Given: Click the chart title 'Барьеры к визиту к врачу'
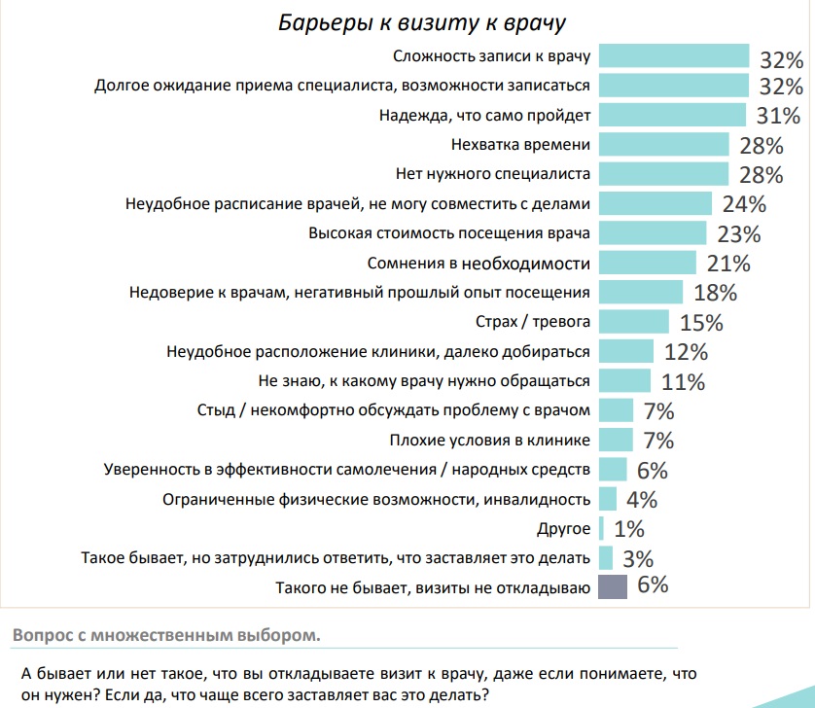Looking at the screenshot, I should point(423,22).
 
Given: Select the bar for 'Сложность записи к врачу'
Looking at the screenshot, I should point(673,56).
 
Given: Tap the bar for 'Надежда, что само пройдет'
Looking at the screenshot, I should point(672,116).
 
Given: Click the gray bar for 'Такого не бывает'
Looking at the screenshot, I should point(613,585).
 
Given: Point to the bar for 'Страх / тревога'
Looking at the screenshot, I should point(633,321).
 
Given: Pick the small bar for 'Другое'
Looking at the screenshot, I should point(601,529).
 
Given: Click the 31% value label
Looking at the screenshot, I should point(778,117).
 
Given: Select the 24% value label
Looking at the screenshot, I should point(745,204).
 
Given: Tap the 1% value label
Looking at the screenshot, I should point(629,530).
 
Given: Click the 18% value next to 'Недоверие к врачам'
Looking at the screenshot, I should point(715,293).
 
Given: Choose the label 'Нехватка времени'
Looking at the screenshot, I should point(521,145).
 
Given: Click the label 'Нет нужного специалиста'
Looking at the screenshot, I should point(493,174).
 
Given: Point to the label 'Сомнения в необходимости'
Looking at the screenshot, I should point(478,263).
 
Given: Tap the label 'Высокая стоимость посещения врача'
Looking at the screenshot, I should point(449,233).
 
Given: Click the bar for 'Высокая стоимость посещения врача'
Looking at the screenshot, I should point(652,233).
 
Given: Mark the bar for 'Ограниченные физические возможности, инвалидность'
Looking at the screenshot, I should point(607,499).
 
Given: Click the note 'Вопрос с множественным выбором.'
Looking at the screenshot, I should point(165,636).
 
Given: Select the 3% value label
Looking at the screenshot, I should point(637,559).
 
